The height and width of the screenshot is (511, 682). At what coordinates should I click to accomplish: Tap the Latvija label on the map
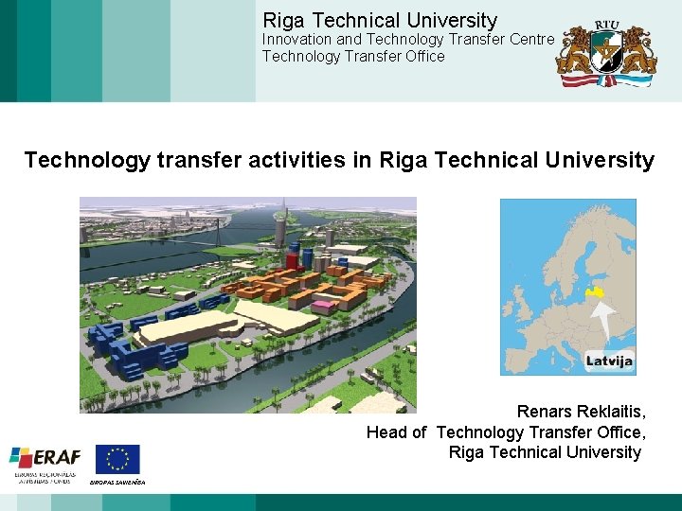[609, 361]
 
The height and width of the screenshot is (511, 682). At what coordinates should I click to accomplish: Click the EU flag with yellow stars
[117, 459]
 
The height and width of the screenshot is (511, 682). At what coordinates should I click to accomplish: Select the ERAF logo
[45, 462]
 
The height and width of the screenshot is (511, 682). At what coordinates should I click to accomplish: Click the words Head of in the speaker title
[396, 432]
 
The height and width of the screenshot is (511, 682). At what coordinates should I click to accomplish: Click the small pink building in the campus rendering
[325, 305]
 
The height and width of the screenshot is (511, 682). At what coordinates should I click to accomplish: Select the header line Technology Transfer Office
[353, 56]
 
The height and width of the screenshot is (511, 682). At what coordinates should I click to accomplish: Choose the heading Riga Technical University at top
[379, 20]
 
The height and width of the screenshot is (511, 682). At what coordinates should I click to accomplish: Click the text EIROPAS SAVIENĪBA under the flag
[117, 482]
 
